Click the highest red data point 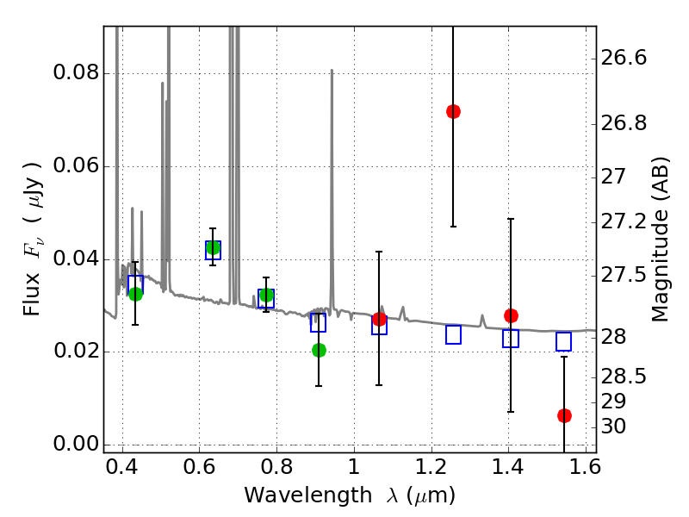pos(453,112)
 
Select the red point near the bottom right pos(564,415)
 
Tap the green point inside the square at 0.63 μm pos(213,248)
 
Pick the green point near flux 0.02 pos(319,350)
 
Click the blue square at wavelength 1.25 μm pos(453,334)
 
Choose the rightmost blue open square pos(564,341)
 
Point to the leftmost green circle pos(136,294)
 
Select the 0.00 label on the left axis pos(77,444)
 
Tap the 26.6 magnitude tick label pos(624,58)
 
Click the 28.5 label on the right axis pos(624,377)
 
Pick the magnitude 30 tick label pos(613,427)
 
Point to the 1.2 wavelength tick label pos(431,466)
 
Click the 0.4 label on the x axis pos(122,466)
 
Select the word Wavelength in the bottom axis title pos(308,495)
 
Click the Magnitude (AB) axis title pos(660,240)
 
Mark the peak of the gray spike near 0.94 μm pos(332,70)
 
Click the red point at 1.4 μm pos(511,315)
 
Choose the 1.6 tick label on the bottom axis pos(586,466)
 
